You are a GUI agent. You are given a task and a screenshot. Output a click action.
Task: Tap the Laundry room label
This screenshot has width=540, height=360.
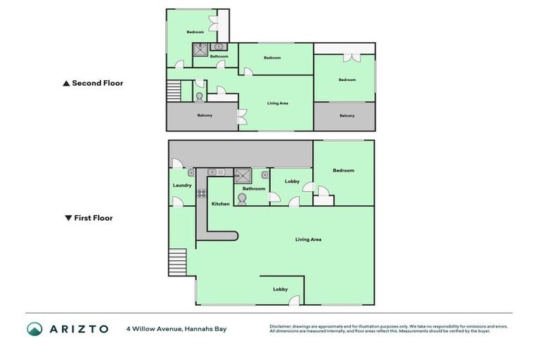tap(182, 185)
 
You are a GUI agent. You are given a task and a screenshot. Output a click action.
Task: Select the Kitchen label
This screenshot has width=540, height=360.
tap(221, 204)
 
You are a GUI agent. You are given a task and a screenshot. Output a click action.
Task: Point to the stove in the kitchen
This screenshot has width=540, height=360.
tap(201, 193)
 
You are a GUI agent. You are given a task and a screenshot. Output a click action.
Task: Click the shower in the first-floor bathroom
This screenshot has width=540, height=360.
tap(243, 175)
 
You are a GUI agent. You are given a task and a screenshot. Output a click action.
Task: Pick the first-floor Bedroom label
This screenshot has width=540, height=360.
tap(343, 170)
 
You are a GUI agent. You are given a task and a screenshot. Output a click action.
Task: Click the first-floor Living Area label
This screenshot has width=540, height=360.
tap(308, 240)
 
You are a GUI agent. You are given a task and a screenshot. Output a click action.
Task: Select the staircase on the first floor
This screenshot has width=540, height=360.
tap(177, 263)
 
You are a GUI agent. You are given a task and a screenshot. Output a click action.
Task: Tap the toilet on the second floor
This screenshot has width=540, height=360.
tap(200, 97)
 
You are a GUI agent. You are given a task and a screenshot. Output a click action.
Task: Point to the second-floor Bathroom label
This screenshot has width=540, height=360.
tap(219, 56)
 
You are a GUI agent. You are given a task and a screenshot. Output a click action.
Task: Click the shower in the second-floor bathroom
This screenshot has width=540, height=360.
tap(200, 49)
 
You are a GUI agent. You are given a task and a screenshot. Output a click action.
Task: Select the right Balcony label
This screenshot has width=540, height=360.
tap(347, 115)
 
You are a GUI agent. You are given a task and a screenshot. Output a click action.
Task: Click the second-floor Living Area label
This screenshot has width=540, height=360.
tap(278, 103)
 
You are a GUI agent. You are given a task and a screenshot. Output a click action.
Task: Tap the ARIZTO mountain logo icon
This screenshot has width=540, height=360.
tap(34, 328)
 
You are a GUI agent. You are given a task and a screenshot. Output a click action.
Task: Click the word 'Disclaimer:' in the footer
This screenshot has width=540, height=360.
tap(283, 326)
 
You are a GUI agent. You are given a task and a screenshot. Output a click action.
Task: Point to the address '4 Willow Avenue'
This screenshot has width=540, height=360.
tap(151, 328)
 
